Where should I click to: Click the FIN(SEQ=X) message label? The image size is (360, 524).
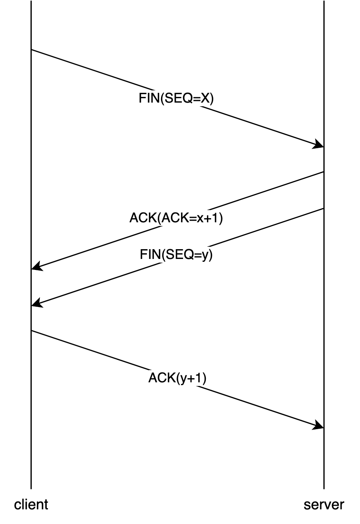pos(176,99)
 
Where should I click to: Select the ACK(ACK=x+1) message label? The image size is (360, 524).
pos(176,218)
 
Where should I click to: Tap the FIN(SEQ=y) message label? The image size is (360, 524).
pos(176,255)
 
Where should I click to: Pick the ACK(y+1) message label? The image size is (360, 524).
pos(177,378)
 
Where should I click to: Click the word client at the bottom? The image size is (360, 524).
pos(31,504)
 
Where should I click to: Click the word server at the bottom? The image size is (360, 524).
pos(324,504)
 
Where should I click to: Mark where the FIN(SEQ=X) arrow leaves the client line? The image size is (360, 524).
pos(31,50)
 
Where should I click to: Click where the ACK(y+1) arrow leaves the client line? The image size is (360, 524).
pos(31,331)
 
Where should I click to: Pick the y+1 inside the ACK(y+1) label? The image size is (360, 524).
pos(192,378)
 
